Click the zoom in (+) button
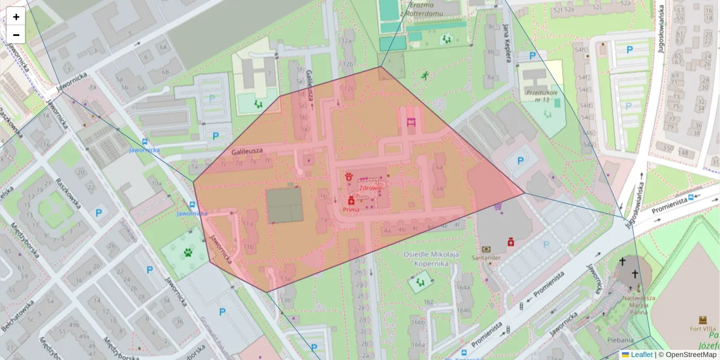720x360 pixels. pos(16,17)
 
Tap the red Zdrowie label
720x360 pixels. pos(371,187)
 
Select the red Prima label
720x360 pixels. pos(351,210)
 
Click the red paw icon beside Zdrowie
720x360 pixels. pos(349,176)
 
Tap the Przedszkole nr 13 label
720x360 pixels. pos(538,96)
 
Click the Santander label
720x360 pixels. pos(486,257)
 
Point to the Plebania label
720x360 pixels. pos(621,339)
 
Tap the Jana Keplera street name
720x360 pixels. pos(507,43)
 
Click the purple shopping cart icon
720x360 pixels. pos(497,206)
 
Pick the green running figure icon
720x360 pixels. pos(425,76)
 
